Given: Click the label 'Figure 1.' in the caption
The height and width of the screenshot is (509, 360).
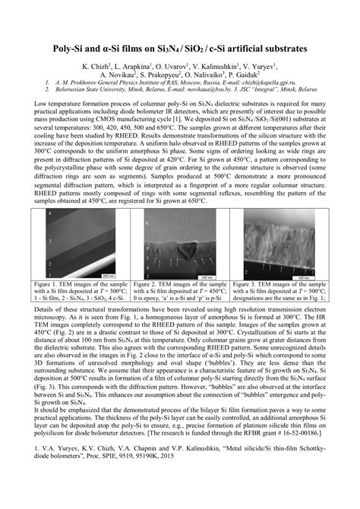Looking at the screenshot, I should [x=50, y=283].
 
